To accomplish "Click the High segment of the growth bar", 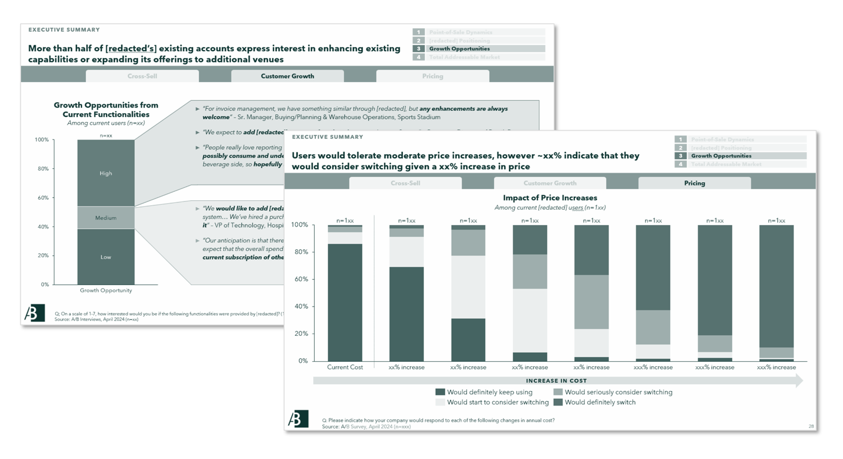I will point(106,173).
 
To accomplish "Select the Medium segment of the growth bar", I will point(106,218).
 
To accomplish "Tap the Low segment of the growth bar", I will point(106,256).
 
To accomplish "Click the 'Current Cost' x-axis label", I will point(345,367).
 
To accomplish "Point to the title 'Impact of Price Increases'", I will point(550,198).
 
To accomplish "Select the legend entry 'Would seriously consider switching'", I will point(618,392).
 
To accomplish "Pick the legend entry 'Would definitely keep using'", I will point(490,392).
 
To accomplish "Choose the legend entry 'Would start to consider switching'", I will point(497,402).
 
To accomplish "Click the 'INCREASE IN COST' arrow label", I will point(556,381).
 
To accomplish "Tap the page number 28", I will point(811,426).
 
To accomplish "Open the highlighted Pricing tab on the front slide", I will point(695,183).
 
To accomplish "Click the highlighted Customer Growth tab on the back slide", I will point(287,76).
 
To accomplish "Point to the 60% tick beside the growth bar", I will point(43,198).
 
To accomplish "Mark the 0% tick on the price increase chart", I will point(303,361).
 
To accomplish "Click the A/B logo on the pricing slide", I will point(298,419).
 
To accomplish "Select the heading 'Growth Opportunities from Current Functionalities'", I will point(106,110).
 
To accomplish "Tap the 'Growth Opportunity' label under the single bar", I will point(106,291).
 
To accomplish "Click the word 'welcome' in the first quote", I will point(216,117).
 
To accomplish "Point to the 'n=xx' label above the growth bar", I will point(106,136).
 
